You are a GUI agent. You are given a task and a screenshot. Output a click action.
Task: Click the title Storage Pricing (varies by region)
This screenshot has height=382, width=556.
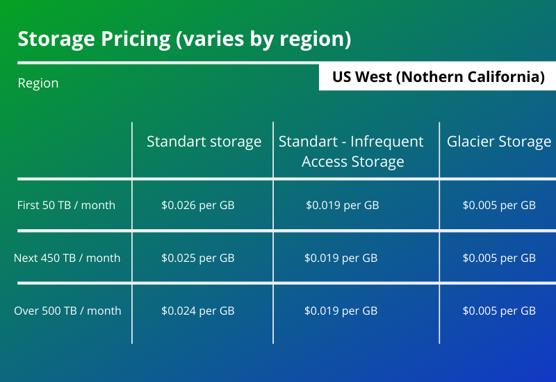pos(184,39)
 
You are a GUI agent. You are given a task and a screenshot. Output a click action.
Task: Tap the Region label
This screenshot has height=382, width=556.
pos(38,83)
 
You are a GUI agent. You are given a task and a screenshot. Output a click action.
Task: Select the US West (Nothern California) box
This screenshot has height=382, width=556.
pos(438,77)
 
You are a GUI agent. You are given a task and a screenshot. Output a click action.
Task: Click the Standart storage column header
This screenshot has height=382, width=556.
pos(204,142)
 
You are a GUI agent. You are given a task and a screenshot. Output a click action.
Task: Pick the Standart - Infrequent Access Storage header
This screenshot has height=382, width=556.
pos(351,151)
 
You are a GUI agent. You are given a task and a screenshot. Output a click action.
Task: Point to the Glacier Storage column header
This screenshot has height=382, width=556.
pos(499,142)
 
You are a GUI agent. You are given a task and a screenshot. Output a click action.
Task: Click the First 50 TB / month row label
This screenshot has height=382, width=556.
pos(66,205)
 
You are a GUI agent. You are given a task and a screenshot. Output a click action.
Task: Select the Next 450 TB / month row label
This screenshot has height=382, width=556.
pos(67,258)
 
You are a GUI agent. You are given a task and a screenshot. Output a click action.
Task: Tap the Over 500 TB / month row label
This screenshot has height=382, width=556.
pos(67,310)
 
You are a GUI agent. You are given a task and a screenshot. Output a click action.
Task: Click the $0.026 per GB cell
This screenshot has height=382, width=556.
pos(198,205)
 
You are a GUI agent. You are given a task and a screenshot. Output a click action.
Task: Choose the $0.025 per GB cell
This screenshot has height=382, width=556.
pos(198,258)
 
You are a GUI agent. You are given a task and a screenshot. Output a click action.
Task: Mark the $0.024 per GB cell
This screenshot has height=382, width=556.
pos(198,310)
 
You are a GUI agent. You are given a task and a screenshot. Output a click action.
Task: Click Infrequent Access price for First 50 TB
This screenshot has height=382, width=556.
pos(343,205)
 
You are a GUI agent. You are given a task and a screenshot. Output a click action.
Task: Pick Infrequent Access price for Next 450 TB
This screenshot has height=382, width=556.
pos(341,258)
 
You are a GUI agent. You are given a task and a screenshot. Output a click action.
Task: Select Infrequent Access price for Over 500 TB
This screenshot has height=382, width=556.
pos(341,310)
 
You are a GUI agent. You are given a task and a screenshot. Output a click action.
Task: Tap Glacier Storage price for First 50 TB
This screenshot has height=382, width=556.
pos(499,205)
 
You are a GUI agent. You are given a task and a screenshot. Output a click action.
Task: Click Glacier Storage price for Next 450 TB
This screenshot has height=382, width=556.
pos(499,258)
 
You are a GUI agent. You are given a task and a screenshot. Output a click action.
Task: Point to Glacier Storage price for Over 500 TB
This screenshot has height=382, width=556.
pos(499,310)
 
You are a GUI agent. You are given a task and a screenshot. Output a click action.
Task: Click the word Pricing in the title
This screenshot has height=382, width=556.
pos(136,40)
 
